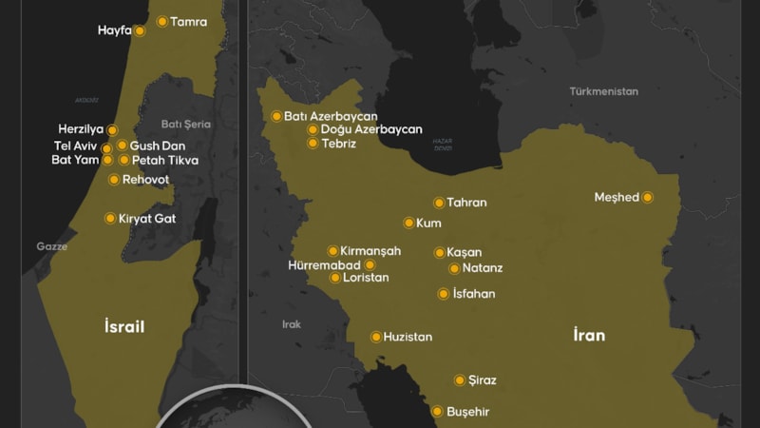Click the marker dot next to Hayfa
click(x=140, y=30)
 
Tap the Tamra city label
click(x=188, y=21)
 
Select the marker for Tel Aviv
click(x=106, y=148)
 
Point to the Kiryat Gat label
click(x=147, y=219)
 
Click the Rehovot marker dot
click(x=114, y=180)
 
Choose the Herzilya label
click(x=81, y=129)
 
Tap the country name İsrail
click(x=124, y=327)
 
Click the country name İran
click(x=589, y=335)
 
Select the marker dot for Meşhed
click(x=647, y=198)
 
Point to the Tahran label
click(x=466, y=203)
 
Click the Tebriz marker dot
click(x=313, y=144)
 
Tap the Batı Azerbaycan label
click(x=331, y=117)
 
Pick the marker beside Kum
click(x=408, y=224)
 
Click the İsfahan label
click(x=474, y=294)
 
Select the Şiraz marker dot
click(x=460, y=380)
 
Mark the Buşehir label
click(x=467, y=413)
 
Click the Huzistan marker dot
click(x=376, y=337)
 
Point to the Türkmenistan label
click(x=603, y=91)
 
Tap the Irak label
click(x=291, y=324)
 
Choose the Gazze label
click(x=52, y=246)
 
